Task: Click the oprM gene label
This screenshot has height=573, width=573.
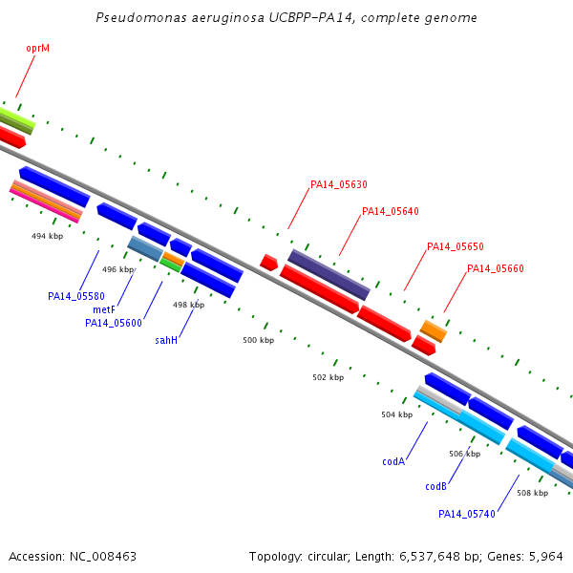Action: pos(37,49)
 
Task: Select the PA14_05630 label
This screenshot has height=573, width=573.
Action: pos(339,184)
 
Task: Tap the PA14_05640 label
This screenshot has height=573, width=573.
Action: pos(391,211)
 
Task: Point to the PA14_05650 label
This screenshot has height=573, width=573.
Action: pos(456,246)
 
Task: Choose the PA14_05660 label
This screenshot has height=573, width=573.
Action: pos(496,268)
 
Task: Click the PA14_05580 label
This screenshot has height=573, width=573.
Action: pos(76,296)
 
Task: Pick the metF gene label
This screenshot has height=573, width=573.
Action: pos(104,309)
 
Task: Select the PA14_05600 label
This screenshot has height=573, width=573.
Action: pos(114,323)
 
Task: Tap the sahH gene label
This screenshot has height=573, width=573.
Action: pos(166,340)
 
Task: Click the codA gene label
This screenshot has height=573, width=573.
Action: pos(393,461)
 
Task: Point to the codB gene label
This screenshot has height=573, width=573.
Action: pos(436,486)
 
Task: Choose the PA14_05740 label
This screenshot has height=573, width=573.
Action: pos(467,514)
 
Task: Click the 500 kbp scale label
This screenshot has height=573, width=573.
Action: pos(259,340)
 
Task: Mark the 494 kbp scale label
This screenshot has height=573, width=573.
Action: pos(47,236)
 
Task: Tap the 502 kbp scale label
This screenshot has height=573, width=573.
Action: pos(329,377)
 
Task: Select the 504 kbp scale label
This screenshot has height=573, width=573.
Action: pos(397,414)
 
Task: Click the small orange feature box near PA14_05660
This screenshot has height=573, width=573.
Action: pos(434,331)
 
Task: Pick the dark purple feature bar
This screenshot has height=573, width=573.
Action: pos(329,275)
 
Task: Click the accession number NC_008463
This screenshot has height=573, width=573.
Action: pos(103,557)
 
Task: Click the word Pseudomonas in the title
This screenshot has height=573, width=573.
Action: pos(141,17)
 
